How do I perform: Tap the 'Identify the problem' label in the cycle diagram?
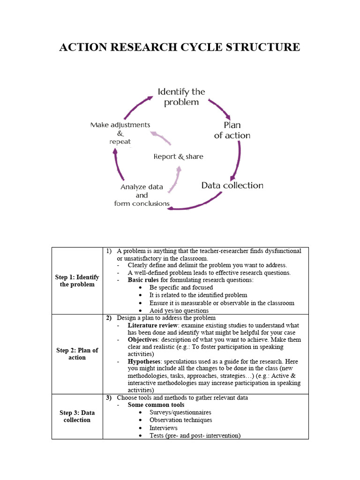tap(181, 97)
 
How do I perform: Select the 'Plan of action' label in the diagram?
tap(232, 130)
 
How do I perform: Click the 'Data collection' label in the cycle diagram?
tap(232, 185)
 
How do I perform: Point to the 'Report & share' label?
tap(178, 157)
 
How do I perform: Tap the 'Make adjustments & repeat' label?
tap(120, 133)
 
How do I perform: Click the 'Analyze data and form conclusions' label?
tap(142, 195)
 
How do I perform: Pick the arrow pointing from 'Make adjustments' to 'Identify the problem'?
tap(136, 105)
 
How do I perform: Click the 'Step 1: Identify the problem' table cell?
tap(77, 281)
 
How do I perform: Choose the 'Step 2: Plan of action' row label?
tap(77, 354)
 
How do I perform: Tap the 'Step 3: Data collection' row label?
tap(77, 416)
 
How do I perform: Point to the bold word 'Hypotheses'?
tap(144, 361)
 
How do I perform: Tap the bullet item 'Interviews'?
tap(163, 427)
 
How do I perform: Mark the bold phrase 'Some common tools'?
tap(156, 405)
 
